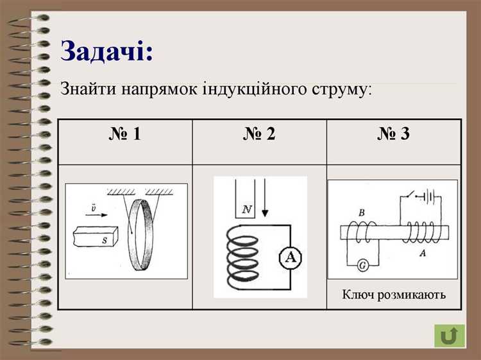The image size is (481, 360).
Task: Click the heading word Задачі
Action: point(107,51)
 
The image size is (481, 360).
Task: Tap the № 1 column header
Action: point(124,134)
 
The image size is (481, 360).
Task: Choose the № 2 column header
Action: point(259,134)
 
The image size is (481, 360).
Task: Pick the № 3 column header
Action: point(393,134)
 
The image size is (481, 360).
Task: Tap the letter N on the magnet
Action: point(245,209)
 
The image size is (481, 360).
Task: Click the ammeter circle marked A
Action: point(291,257)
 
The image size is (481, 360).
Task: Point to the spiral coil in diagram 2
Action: point(241,258)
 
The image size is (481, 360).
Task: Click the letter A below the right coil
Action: point(423,253)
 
